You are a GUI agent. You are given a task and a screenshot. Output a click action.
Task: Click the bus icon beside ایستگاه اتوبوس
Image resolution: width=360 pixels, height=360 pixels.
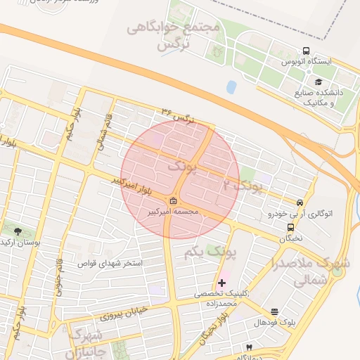click(306, 51)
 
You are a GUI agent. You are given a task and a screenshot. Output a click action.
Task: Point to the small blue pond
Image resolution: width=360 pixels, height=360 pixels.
click(231, 87)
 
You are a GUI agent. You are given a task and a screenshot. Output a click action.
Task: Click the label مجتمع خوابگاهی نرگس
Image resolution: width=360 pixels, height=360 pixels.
click(174, 35)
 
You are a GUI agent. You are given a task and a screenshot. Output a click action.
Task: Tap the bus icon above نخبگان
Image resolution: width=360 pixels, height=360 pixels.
click(290, 227)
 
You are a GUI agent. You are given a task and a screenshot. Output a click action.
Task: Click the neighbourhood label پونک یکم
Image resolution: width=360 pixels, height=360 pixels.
click(212, 250)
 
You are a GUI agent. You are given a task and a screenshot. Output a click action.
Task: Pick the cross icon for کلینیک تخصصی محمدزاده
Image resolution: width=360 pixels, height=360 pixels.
click(223, 282)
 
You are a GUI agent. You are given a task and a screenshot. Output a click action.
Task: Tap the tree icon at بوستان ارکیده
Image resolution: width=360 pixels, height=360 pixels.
click(18, 231)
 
